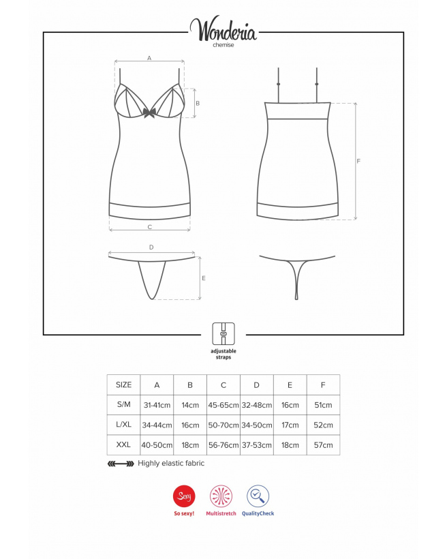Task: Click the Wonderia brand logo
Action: click(x=223, y=29)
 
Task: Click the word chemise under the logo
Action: click(x=223, y=45)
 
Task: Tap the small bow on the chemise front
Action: click(x=149, y=112)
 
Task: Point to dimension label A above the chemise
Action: click(x=149, y=58)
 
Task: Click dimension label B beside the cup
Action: click(x=198, y=104)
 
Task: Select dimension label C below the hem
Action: click(x=150, y=227)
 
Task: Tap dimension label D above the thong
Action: click(x=151, y=247)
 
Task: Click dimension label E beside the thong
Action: click(x=204, y=278)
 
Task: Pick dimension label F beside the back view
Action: click(x=358, y=161)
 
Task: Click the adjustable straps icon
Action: click(x=223, y=333)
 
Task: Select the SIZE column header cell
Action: click(x=124, y=384)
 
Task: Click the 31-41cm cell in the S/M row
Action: click(x=157, y=405)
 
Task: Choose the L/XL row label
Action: click(x=124, y=425)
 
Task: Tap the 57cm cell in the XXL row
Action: click(x=323, y=445)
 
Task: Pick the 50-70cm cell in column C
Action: click(x=223, y=425)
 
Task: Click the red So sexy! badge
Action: click(x=184, y=496)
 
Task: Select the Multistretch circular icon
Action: click(x=221, y=496)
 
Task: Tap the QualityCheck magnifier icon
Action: click(x=258, y=496)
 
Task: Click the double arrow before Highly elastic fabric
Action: click(x=121, y=464)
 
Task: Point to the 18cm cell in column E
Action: click(x=290, y=445)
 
